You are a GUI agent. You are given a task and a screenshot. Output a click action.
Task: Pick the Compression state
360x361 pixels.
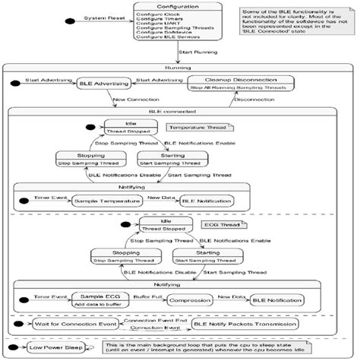tap(189, 300)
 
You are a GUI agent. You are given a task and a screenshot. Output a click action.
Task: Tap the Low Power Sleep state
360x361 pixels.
tap(55, 348)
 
